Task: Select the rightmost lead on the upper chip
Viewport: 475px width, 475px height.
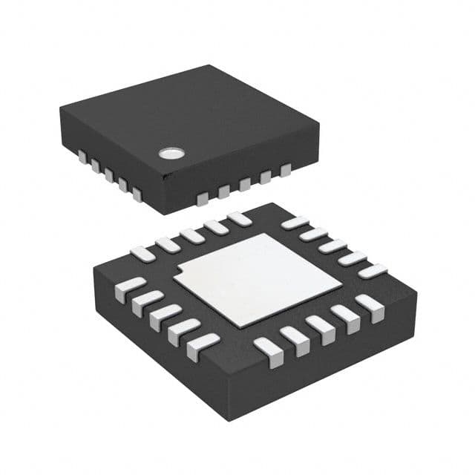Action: pos(286,171)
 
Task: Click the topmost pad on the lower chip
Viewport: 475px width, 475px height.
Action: pos(239,218)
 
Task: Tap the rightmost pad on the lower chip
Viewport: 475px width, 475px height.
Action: pos(372,271)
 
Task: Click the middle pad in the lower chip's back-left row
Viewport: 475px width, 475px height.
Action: pos(191,235)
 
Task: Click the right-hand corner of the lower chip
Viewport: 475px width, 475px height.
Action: pos(416,292)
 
